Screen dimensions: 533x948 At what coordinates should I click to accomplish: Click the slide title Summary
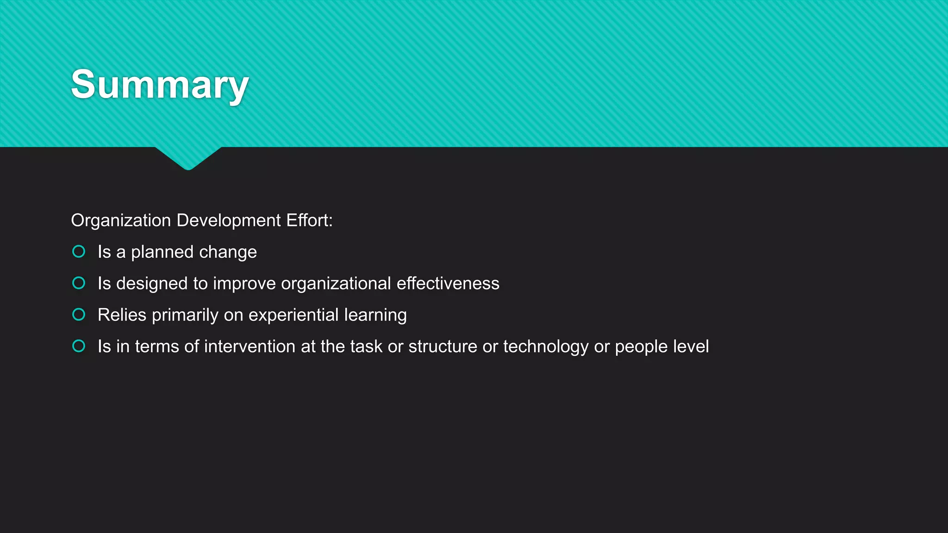point(160,84)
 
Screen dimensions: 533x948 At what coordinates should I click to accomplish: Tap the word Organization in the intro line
point(121,220)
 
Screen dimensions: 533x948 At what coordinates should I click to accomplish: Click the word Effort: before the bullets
point(309,220)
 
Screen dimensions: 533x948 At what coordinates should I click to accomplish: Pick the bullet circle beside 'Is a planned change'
point(79,252)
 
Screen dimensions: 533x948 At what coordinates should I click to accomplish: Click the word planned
point(162,252)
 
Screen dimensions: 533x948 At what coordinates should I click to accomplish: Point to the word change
point(228,252)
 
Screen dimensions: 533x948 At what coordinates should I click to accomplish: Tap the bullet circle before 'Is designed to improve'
point(79,283)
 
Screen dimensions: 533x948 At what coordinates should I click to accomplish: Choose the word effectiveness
point(448,283)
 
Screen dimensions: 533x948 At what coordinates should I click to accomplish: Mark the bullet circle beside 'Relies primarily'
point(79,315)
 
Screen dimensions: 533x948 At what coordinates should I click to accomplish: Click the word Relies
point(122,315)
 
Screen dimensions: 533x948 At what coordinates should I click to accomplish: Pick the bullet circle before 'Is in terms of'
point(79,346)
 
